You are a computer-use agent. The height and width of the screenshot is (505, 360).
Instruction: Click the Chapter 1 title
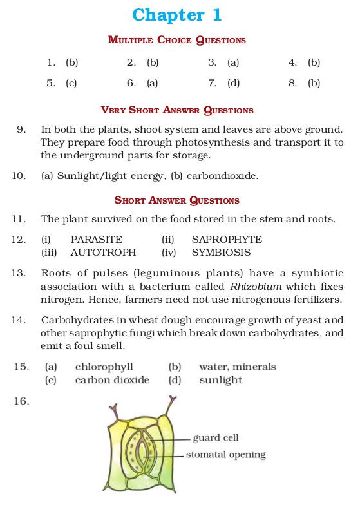(x=176, y=14)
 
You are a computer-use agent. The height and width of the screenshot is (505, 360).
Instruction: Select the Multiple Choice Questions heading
(x=176, y=40)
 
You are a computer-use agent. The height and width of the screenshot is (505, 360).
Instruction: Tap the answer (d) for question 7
(x=233, y=83)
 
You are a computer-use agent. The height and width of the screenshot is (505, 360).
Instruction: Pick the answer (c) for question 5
(x=71, y=83)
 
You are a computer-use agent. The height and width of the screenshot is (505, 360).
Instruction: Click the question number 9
(x=21, y=129)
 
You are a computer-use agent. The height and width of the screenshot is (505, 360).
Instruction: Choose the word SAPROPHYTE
(x=227, y=240)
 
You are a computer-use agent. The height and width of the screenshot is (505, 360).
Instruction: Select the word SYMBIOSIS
(x=221, y=252)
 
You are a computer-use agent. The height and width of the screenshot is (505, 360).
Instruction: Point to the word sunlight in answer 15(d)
(x=221, y=380)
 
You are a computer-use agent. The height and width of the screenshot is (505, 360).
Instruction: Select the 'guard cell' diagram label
(x=216, y=438)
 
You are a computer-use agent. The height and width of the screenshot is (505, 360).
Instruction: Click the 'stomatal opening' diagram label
(x=225, y=455)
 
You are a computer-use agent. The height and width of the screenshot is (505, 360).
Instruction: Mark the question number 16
(x=21, y=401)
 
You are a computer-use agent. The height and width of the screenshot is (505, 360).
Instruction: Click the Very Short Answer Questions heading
(x=176, y=110)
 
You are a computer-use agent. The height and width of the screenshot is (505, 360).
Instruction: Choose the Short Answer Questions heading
(x=176, y=200)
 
